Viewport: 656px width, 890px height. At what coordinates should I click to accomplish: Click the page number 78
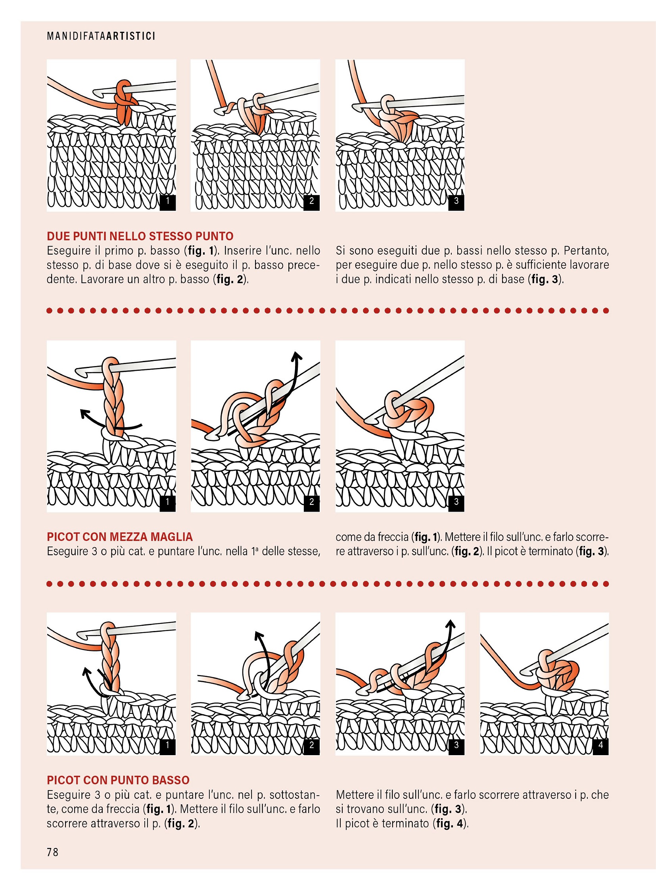pos(52,852)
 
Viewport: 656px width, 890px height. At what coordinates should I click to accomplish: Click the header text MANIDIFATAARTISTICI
pos(101,36)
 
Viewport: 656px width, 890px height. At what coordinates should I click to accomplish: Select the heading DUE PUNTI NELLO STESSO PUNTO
pos(140,236)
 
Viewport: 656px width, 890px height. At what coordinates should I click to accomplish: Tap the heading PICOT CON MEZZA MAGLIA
pos(119,537)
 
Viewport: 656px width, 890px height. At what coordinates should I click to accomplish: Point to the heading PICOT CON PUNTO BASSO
pos(118,780)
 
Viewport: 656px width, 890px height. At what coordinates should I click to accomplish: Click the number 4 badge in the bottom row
pos(601,745)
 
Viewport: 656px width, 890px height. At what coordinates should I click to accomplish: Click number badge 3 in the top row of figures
pos(456,201)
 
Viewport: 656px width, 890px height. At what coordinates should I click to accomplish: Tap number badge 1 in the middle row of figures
pos(168,502)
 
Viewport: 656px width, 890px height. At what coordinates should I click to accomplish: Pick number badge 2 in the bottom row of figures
pos(312,745)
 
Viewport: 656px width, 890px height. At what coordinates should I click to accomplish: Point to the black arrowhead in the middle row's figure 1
pos(84,414)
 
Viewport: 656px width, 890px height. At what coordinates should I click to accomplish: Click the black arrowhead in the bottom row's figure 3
pos(450,624)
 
